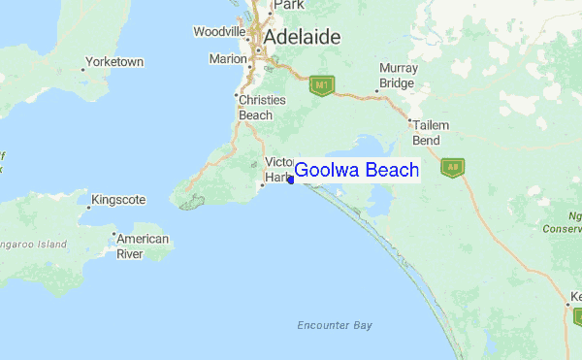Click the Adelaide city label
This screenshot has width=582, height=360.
(x=303, y=37)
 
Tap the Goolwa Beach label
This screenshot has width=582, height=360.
(x=356, y=171)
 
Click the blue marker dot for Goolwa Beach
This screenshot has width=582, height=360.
(x=291, y=180)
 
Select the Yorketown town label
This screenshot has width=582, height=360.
(x=114, y=62)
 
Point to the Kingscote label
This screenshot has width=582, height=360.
(x=117, y=200)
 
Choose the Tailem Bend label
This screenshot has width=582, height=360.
(x=426, y=133)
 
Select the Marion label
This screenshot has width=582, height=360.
(x=228, y=59)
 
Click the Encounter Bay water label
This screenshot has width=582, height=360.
(x=335, y=325)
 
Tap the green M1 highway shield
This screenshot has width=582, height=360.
(x=321, y=86)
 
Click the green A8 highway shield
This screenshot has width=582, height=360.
(x=452, y=167)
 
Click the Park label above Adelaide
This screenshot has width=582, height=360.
(x=288, y=5)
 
